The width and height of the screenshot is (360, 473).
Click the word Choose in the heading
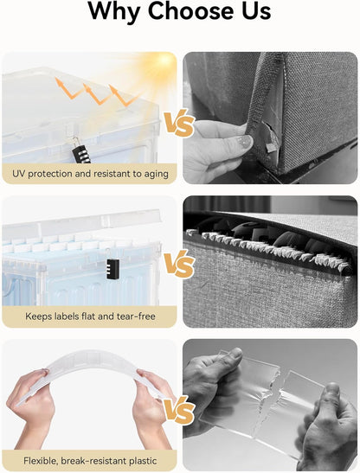[190, 11]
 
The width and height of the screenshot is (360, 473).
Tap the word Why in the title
[114, 12]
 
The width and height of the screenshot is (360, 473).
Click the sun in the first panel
[164, 61]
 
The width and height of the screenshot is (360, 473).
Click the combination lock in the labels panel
[112, 268]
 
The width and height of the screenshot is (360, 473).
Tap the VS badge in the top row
[179, 123]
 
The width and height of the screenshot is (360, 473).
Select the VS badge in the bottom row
[179, 409]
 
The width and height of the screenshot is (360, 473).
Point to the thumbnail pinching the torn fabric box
[243, 142]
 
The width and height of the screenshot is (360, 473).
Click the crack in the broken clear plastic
[268, 404]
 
